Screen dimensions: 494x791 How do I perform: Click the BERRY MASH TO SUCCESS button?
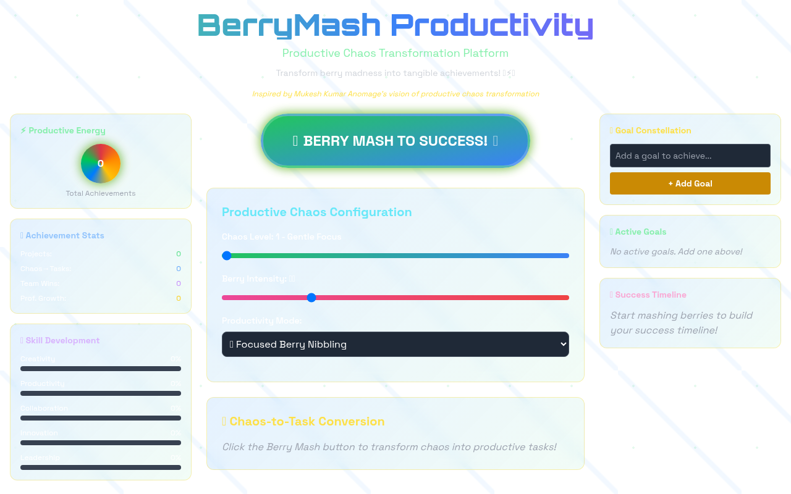click(x=395, y=141)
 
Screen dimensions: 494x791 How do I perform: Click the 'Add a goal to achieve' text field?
click(x=690, y=156)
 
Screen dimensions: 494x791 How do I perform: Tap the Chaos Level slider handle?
click(x=227, y=256)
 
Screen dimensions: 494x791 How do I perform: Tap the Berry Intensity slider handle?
click(x=311, y=298)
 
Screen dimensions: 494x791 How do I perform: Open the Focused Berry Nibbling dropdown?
click(x=395, y=345)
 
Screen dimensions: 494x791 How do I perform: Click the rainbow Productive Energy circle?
click(x=101, y=164)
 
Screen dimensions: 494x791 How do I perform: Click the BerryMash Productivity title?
click(x=395, y=26)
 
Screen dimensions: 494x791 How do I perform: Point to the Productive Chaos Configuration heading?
click(x=316, y=212)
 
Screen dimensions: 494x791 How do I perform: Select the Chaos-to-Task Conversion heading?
click(x=307, y=422)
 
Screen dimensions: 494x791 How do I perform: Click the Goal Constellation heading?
click(x=653, y=131)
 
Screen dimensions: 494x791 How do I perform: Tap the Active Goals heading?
click(x=640, y=232)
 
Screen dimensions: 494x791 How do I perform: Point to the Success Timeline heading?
click(x=650, y=295)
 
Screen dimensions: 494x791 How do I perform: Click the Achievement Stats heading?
click(x=64, y=236)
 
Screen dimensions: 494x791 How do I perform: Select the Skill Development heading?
click(x=62, y=341)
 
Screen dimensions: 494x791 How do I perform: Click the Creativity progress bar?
click(x=101, y=369)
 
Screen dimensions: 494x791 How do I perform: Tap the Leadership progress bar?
click(x=101, y=467)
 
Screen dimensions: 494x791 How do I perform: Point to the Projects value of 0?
click(x=179, y=254)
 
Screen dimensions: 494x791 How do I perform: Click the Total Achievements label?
click(x=101, y=193)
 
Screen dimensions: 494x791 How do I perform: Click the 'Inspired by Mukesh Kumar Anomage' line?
click(x=395, y=94)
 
